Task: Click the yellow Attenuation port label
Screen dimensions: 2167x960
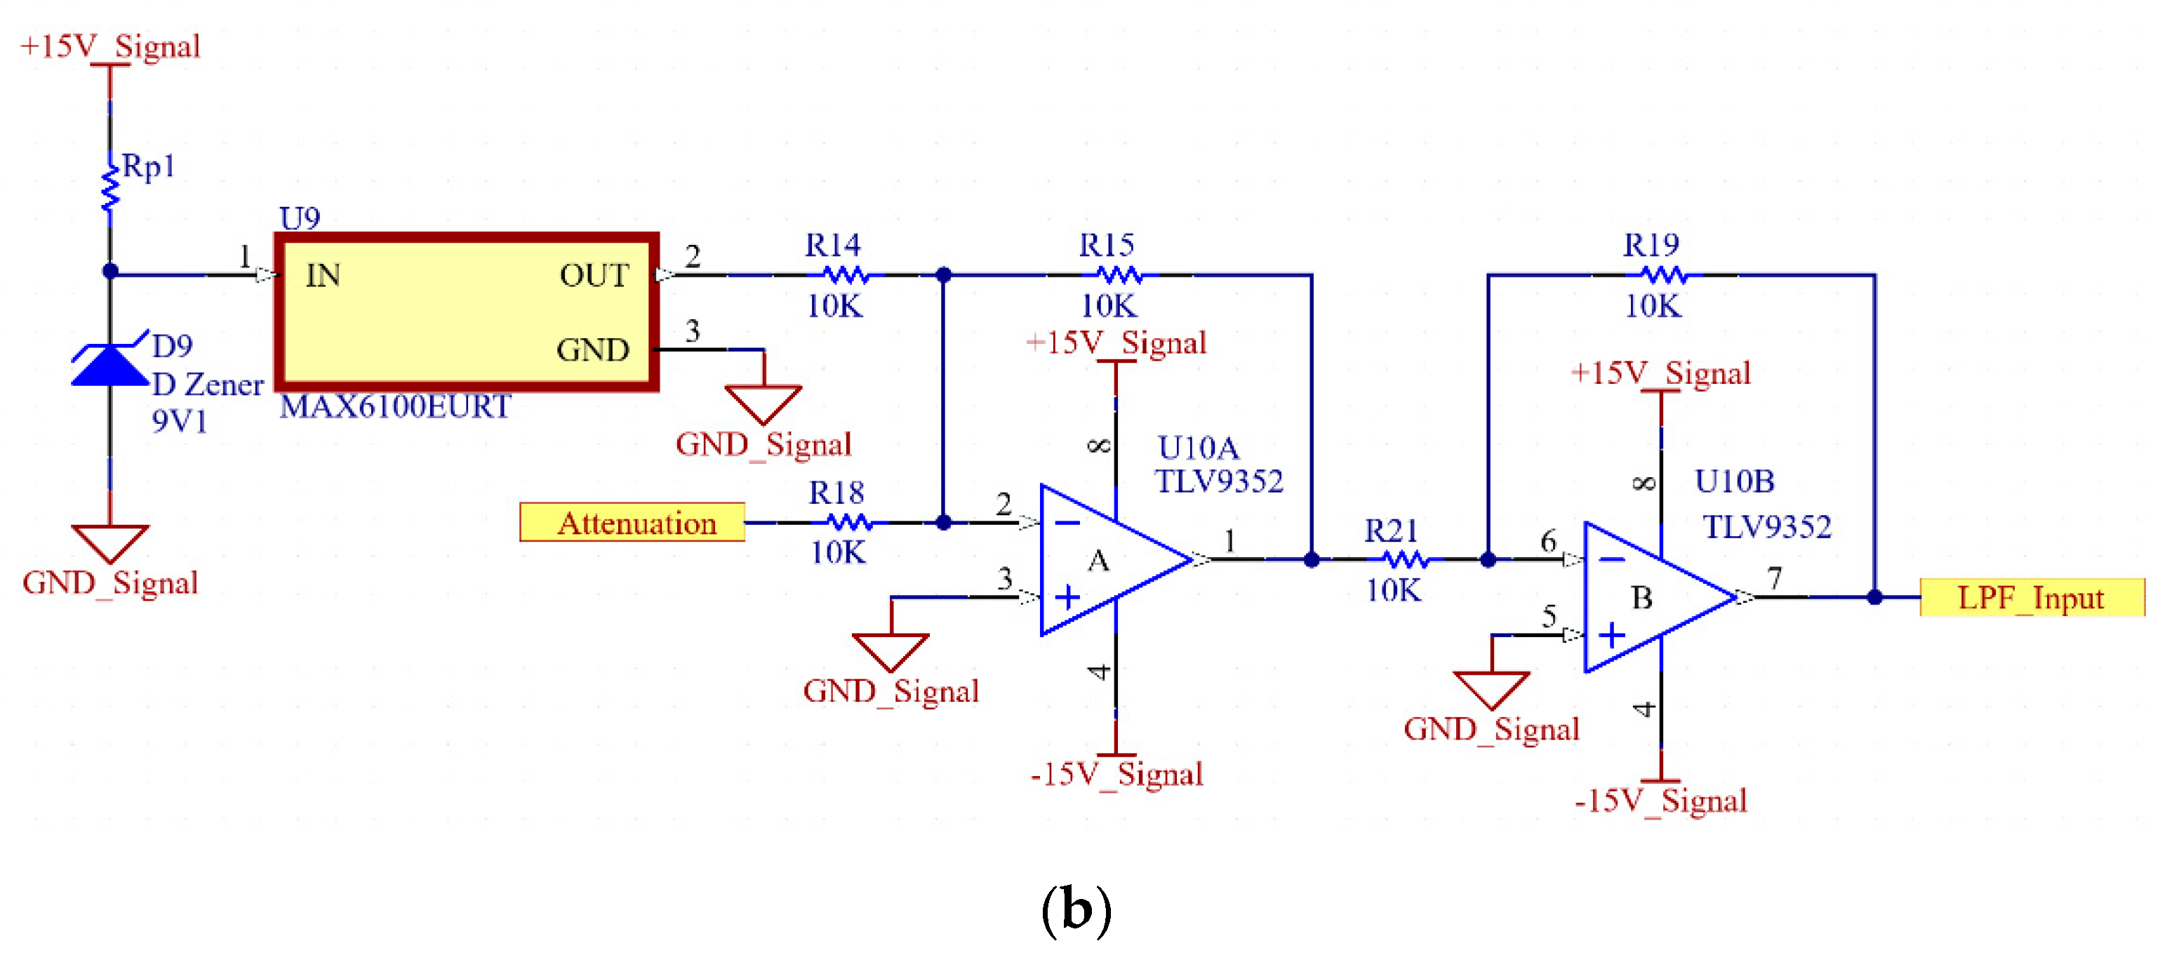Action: click(x=632, y=523)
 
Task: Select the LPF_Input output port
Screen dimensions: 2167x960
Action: click(x=2032, y=597)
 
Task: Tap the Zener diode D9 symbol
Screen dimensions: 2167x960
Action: click(x=110, y=359)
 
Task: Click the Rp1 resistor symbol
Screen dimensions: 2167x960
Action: click(x=110, y=189)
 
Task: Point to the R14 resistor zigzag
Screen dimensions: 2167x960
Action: click(x=846, y=275)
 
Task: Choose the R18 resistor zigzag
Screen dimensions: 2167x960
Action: click(x=850, y=523)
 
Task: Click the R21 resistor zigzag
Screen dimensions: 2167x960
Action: click(x=1406, y=559)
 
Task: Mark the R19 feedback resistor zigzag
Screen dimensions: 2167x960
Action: click(x=1664, y=275)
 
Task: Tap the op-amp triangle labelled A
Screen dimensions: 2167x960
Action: click(x=1116, y=559)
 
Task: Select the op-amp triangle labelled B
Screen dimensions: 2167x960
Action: click(x=1660, y=597)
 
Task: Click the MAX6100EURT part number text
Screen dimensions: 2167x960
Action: click(x=395, y=407)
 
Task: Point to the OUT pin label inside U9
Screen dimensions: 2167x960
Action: click(x=594, y=275)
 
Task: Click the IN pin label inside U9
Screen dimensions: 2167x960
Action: click(x=323, y=275)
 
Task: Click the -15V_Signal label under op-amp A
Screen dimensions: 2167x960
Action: click(x=1117, y=775)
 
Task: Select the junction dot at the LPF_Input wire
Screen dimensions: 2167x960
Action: click(x=1874, y=597)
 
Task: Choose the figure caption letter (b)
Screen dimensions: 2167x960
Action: click(x=1076, y=909)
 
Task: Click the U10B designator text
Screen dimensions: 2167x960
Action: click(x=1735, y=481)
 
